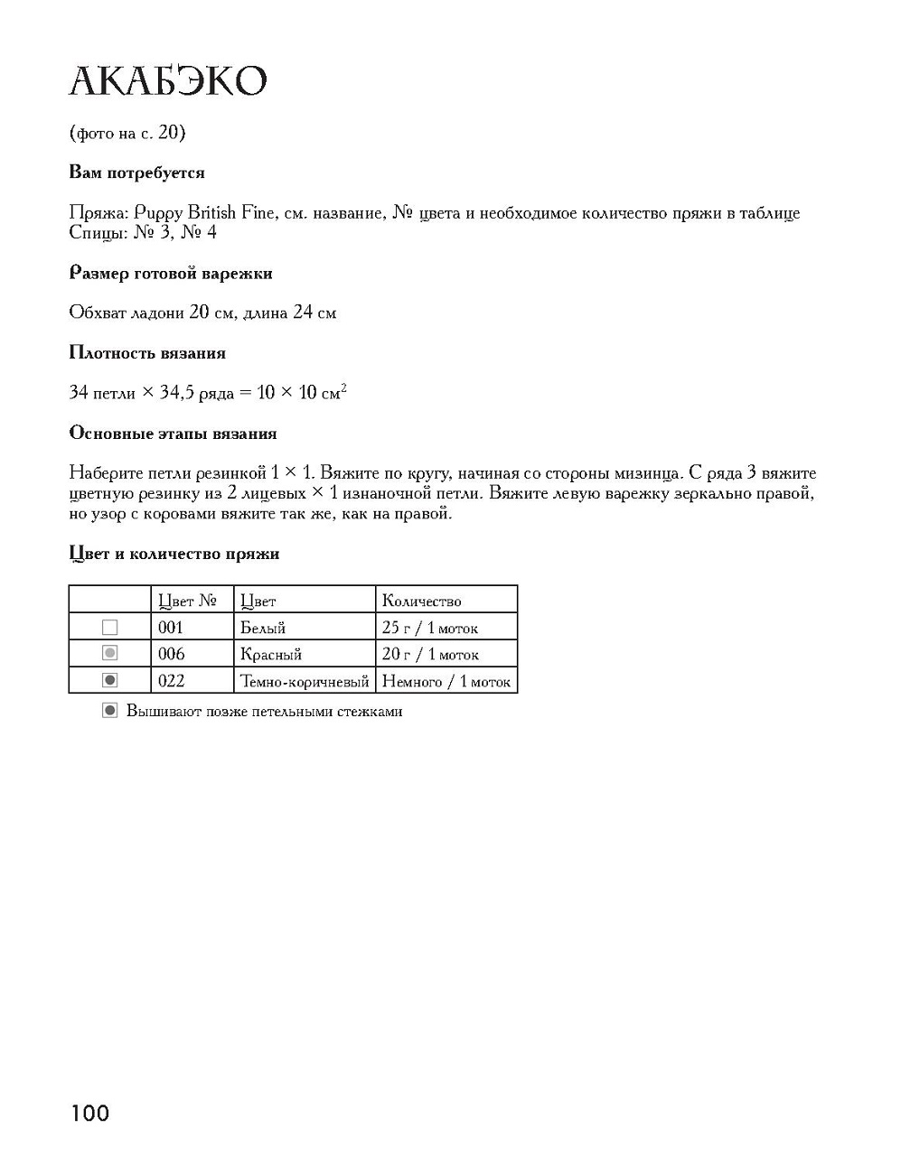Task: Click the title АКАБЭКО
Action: point(168,81)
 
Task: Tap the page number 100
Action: point(89,1113)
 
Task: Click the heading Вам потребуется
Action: point(136,173)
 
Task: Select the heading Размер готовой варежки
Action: point(170,273)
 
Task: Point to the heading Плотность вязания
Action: point(147,352)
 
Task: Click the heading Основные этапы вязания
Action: point(173,433)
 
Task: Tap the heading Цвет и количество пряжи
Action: point(174,554)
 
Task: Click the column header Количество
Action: point(421,601)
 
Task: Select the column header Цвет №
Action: point(187,601)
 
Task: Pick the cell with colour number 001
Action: point(171,628)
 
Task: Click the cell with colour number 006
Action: point(171,654)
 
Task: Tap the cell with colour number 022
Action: point(171,681)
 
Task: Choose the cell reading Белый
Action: point(263,628)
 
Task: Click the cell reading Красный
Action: point(270,654)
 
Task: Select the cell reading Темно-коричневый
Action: point(305,681)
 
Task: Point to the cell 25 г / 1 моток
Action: point(429,628)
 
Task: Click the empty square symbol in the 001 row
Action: point(110,627)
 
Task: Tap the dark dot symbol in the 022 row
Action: point(110,680)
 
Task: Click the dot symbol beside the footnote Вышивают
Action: point(110,711)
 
